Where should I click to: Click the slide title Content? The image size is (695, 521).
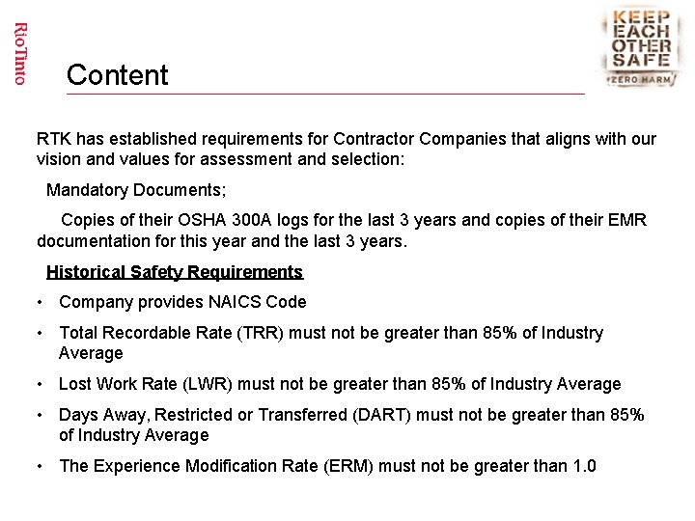pyautogui.click(x=118, y=75)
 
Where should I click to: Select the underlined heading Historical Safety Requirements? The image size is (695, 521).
pyautogui.click(x=175, y=272)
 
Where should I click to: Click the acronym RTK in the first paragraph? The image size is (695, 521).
pyautogui.click(x=54, y=140)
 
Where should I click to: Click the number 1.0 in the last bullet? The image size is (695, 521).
pyautogui.click(x=584, y=467)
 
